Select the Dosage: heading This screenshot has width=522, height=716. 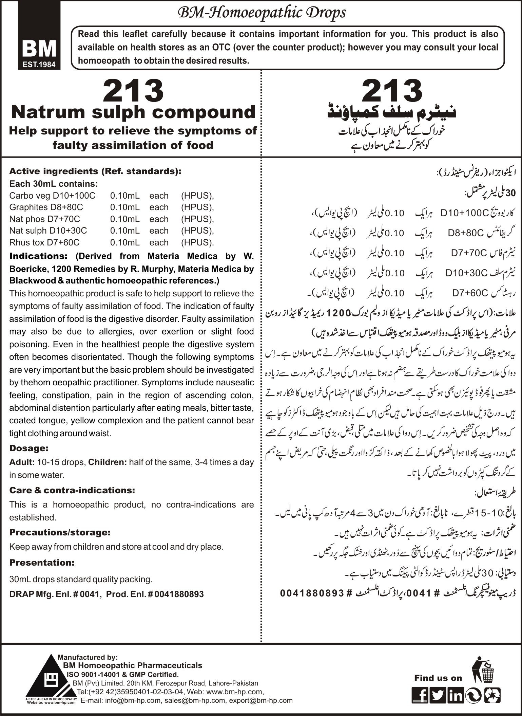coord(29,448)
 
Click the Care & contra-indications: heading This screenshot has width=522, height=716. coord(72,490)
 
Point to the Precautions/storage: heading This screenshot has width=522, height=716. coord(60,532)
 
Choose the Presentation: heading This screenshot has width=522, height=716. coord(42,562)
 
